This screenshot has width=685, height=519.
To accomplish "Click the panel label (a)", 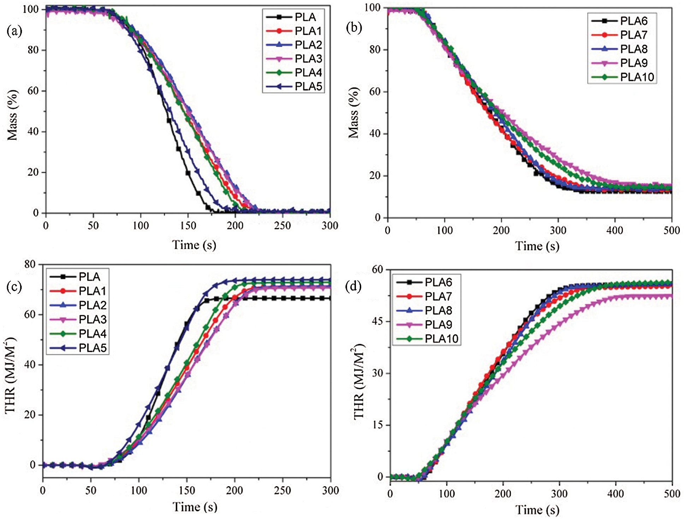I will [14, 32].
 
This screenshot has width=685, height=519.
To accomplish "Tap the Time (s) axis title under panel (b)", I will [537, 246].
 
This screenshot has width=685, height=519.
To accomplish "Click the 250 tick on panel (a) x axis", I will [282, 226].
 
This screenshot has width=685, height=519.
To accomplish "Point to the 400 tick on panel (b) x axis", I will [615, 231].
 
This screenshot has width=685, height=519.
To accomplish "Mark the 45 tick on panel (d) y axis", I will [377, 321].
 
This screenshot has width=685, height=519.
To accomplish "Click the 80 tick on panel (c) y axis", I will [30, 264].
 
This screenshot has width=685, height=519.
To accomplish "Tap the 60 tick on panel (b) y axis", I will [375, 91].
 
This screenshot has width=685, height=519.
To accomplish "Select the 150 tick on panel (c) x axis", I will [186, 490].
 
